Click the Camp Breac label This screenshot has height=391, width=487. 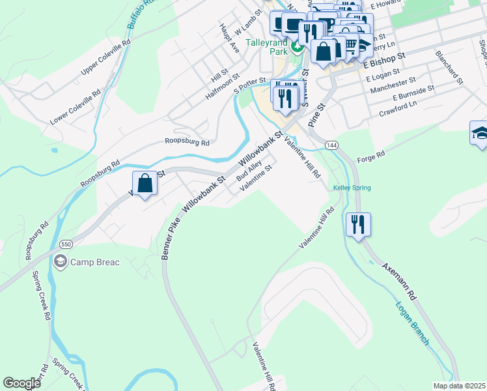point(95,262)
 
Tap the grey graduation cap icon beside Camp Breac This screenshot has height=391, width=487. point(61,262)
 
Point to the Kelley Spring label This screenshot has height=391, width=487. point(352,188)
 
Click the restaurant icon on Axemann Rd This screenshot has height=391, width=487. point(357,225)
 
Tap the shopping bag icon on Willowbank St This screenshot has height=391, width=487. point(145,183)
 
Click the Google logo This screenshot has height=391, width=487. point(21,383)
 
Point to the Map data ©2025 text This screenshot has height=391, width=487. point(459,386)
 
